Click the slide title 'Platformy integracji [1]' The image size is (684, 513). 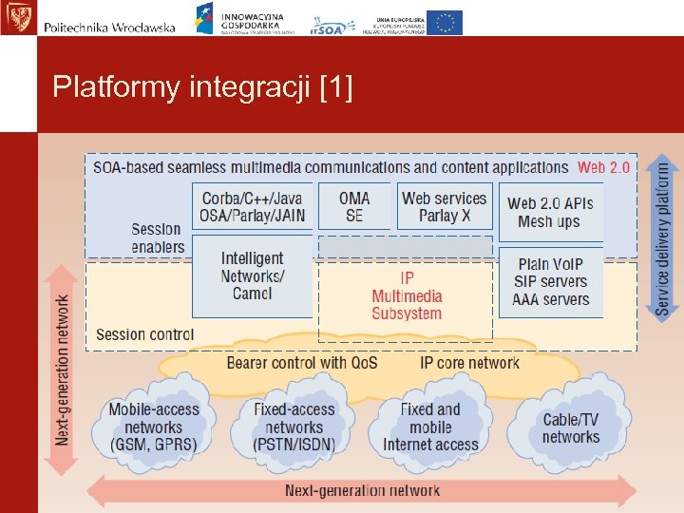click(x=202, y=88)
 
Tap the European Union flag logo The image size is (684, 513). click(x=445, y=22)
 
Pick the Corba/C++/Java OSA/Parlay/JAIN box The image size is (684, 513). click(x=253, y=207)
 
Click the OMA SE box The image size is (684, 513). click(x=353, y=207)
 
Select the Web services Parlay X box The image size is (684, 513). click(x=444, y=207)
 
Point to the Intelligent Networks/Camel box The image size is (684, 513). click(x=252, y=275)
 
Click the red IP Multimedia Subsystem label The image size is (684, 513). click(x=406, y=295)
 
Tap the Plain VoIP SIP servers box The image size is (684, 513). click(x=550, y=281)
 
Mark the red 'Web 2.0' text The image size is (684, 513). click(x=603, y=168)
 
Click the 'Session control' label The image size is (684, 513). click(x=144, y=334)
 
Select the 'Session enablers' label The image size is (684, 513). click(x=156, y=237)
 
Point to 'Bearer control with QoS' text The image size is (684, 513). click(x=302, y=363)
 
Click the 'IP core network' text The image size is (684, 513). click(x=469, y=363)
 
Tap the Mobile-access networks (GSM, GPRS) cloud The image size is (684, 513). click(x=153, y=427)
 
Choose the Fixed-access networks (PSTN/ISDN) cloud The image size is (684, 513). click(x=294, y=427)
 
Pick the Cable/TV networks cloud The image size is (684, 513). click(x=570, y=427)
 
